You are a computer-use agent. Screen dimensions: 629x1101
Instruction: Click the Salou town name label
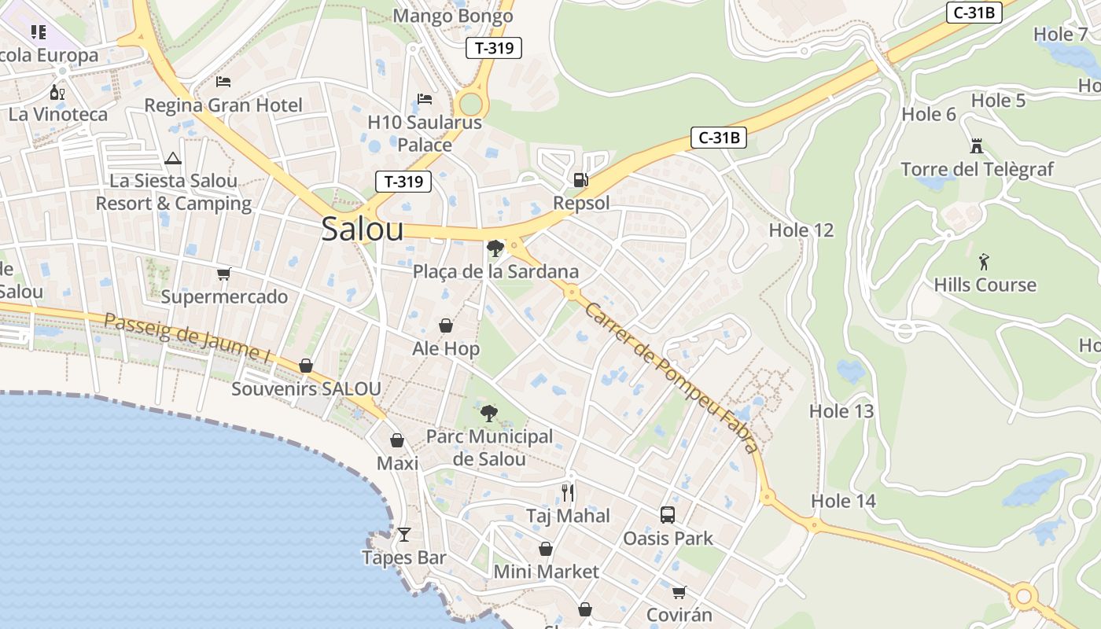pyautogui.click(x=363, y=229)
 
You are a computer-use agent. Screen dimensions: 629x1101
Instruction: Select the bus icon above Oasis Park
pyautogui.click(x=668, y=515)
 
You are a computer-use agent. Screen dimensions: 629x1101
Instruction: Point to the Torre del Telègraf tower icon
pyautogui.click(x=977, y=145)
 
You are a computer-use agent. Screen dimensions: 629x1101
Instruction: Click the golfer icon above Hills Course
pyautogui.click(x=985, y=261)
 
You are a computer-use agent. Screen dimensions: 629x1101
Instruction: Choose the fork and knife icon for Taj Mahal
pyautogui.click(x=568, y=493)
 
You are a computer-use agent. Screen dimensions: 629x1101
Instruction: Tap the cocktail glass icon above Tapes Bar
pyautogui.click(x=404, y=535)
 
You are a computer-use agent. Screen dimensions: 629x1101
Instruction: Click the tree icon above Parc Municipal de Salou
pyautogui.click(x=488, y=413)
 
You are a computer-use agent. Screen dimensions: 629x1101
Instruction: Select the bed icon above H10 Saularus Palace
pyautogui.click(x=425, y=99)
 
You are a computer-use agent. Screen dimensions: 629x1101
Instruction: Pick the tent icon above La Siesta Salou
pyautogui.click(x=173, y=158)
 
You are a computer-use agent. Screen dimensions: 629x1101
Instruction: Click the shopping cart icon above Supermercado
pyautogui.click(x=224, y=274)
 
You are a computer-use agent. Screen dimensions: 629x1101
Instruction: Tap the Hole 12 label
pyautogui.click(x=801, y=230)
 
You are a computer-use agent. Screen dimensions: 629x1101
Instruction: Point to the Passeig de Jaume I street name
pyautogui.click(x=187, y=337)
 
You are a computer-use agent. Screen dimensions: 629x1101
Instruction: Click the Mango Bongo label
pyautogui.click(x=452, y=16)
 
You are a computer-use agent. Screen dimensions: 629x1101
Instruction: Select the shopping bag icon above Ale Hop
pyautogui.click(x=446, y=326)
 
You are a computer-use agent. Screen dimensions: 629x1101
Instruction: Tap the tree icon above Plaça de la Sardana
pyautogui.click(x=495, y=248)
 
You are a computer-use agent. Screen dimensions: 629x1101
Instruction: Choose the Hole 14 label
pyautogui.click(x=843, y=501)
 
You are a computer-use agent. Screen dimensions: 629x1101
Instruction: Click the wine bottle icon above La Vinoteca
pyautogui.click(x=57, y=92)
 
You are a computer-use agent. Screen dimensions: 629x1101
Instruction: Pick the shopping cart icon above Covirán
pyautogui.click(x=679, y=591)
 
